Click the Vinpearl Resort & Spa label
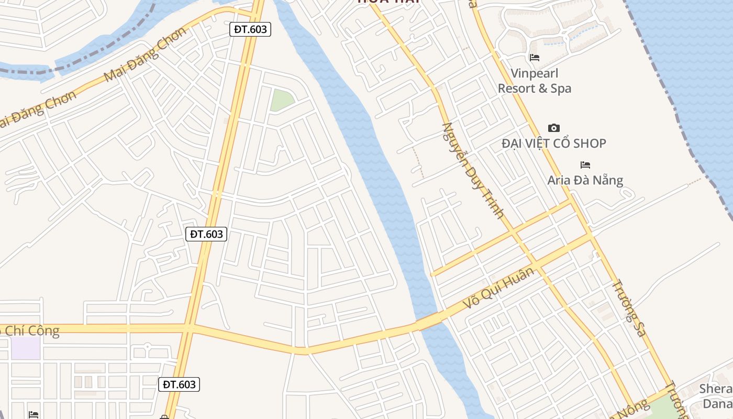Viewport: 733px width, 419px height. click(x=534, y=81)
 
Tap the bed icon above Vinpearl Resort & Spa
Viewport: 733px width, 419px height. click(x=534, y=58)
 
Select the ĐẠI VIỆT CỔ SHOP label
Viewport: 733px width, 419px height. click(x=553, y=143)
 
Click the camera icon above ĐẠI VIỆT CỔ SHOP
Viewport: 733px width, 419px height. click(x=553, y=128)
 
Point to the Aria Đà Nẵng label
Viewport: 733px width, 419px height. click(x=585, y=180)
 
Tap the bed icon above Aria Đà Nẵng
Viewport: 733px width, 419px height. click(x=585, y=165)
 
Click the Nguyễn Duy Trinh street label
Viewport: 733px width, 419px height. click(x=473, y=170)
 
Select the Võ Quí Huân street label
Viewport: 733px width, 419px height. click(x=500, y=288)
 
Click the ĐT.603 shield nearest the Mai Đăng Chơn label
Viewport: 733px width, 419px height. click(x=250, y=29)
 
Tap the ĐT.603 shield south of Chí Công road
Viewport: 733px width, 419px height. click(x=179, y=384)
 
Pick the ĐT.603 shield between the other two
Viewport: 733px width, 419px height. click(x=206, y=234)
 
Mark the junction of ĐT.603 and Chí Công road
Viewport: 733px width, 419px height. click(x=189, y=328)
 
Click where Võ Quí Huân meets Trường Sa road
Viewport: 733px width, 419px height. click(x=592, y=236)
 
